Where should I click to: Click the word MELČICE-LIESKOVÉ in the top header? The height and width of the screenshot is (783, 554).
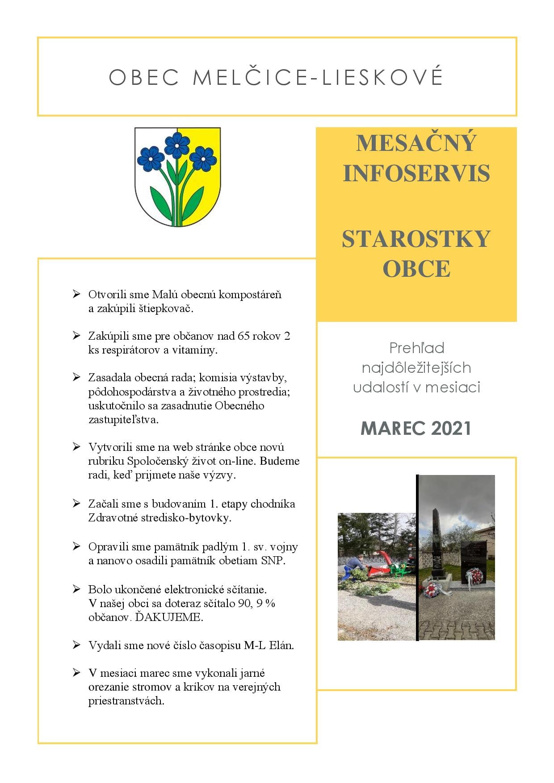(x=317, y=77)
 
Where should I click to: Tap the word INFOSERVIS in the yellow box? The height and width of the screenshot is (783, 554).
(x=416, y=173)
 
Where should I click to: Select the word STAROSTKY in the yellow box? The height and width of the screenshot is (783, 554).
(x=416, y=239)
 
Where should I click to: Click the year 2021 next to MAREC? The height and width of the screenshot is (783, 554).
(x=451, y=428)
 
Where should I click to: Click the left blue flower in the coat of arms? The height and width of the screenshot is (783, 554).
(x=151, y=158)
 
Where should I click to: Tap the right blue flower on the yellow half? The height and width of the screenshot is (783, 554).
(x=203, y=158)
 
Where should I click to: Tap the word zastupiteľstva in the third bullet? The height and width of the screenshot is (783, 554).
(x=123, y=420)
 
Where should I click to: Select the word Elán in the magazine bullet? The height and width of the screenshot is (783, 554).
(x=281, y=645)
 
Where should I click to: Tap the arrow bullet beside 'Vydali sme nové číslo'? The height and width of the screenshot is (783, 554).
(x=76, y=645)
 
